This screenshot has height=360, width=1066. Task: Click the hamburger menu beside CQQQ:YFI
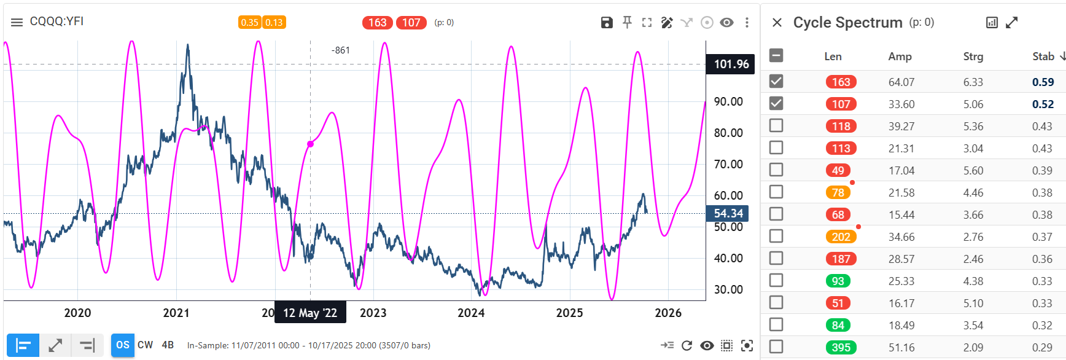17,22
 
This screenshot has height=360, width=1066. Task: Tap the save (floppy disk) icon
607,23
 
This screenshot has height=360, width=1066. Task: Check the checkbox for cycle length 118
776,125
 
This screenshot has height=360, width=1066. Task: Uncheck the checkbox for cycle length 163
776,81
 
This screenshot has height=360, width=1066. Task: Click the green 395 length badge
841,347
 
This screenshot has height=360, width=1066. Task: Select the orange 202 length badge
841,237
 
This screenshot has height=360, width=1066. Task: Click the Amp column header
900,57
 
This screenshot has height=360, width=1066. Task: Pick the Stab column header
1043,57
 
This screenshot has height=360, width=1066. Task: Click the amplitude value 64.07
901,82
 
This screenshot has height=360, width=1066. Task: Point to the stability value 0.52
1043,104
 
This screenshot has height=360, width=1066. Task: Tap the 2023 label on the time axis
373,313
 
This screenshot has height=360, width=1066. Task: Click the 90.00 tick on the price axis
728,101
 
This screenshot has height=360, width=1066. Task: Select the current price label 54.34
728,213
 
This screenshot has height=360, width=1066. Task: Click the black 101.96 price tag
731,64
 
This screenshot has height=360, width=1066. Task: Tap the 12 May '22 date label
310,313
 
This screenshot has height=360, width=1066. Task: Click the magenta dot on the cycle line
311,144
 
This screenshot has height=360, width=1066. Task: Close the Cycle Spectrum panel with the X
777,23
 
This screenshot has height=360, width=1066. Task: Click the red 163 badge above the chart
377,23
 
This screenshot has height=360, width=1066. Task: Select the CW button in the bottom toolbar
146,345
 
